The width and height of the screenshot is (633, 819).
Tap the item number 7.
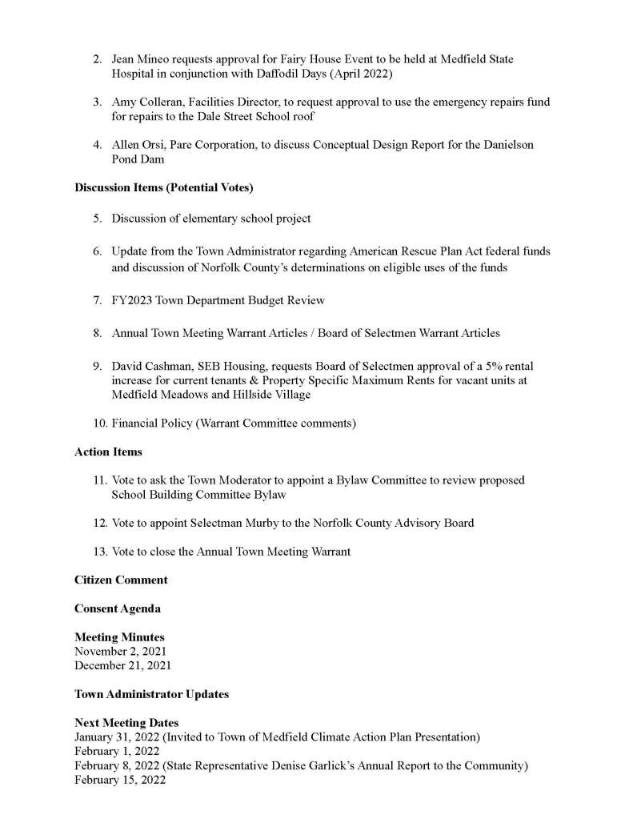(96, 300)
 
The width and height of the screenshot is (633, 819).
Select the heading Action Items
(108, 452)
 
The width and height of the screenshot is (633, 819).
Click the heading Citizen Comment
(121, 580)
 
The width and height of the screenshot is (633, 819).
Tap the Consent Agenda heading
(117, 608)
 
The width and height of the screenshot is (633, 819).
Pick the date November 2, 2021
(120, 651)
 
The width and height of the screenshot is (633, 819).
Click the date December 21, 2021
(122, 665)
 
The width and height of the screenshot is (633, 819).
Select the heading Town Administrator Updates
(151, 694)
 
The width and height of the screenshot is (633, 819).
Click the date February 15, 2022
(120, 780)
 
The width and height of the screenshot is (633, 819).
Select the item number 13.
(98, 551)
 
